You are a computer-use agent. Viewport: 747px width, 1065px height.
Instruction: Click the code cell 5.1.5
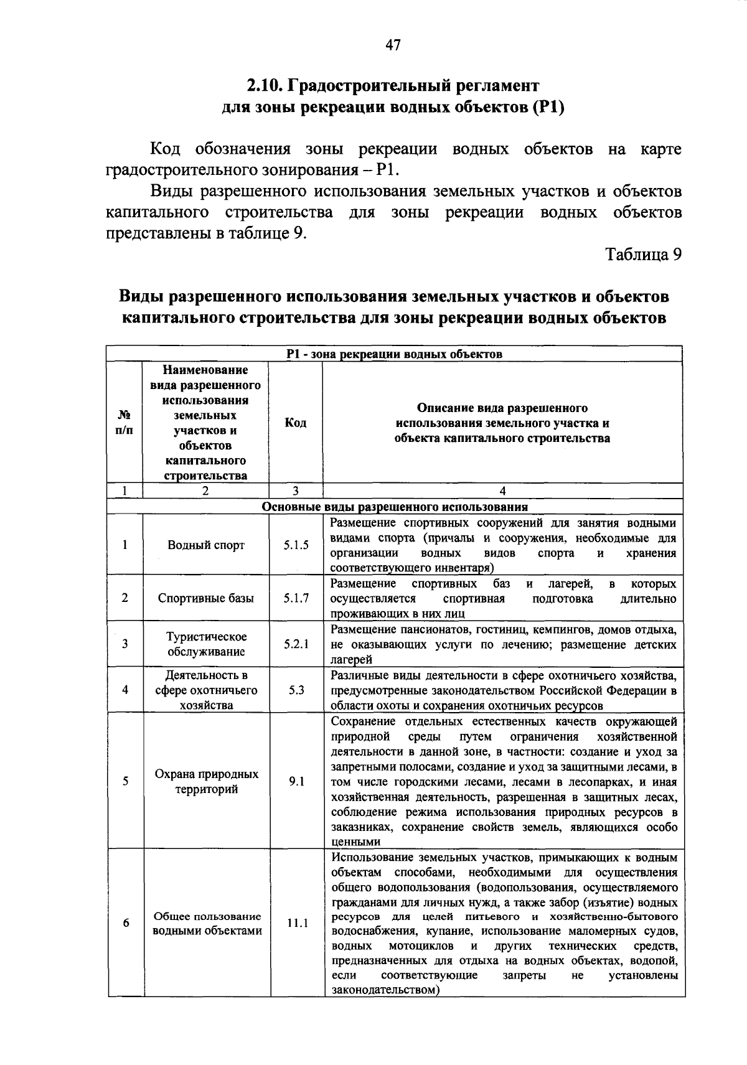click(x=296, y=545)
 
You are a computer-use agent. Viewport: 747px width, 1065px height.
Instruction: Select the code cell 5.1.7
click(x=296, y=598)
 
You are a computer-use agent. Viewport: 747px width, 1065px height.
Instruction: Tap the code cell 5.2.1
click(x=296, y=644)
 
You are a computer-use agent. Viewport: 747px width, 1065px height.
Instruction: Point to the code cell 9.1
click(x=296, y=781)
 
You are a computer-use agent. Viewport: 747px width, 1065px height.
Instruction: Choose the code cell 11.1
click(x=298, y=924)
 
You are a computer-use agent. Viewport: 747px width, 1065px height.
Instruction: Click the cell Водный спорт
click(x=206, y=545)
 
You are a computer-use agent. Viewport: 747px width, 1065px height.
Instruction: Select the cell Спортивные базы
click(x=206, y=598)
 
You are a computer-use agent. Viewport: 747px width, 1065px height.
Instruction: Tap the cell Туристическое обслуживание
click(x=206, y=644)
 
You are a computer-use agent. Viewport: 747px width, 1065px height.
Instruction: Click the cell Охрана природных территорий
click(x=206, y=782)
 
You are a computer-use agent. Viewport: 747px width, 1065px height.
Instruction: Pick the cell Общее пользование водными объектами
click(x=207, y=924)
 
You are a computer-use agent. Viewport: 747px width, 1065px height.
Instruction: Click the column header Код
click(x=295, y=423)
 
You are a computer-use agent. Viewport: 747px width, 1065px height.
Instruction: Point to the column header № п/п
click(x=124, y=423)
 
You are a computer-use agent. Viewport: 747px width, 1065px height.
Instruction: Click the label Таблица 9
click(x=644, y=255)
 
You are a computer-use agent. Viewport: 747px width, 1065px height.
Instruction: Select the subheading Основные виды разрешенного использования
click(x=395, y=507)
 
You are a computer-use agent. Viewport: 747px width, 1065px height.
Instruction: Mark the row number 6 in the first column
click(x=125, y=923)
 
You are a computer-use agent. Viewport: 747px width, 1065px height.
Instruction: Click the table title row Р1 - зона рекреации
click(x=395, y=354)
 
